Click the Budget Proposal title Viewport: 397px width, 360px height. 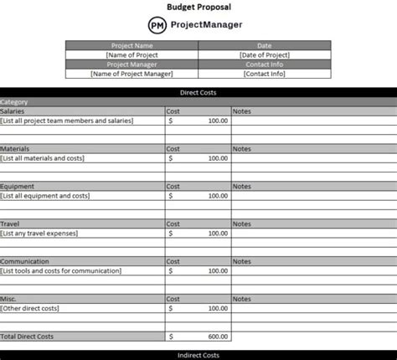coord(198,6)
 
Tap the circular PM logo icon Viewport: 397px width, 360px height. coord(157,25)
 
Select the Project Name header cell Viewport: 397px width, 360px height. coord(132,46)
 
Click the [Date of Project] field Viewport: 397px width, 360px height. coord(264,55)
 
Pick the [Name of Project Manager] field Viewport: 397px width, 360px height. coord(132,74)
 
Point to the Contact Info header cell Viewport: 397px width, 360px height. coord(264,64)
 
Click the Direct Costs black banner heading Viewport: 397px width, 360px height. coord(198,92)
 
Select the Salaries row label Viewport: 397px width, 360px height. coord(13,111)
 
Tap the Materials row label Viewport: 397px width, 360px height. coord(14,148)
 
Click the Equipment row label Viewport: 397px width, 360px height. coord(17,186)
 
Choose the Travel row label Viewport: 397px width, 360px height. coord(10,224)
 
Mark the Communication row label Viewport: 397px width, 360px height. coord(24,261)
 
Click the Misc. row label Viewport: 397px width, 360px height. coord(8,299)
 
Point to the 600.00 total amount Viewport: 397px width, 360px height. coord(217,337)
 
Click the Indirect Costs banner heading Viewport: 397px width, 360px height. coord(198,355)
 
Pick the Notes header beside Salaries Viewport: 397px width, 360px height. coord(241,111)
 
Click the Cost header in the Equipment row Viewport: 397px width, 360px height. coord(173,186)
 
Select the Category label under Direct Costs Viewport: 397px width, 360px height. coord(14,101)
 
